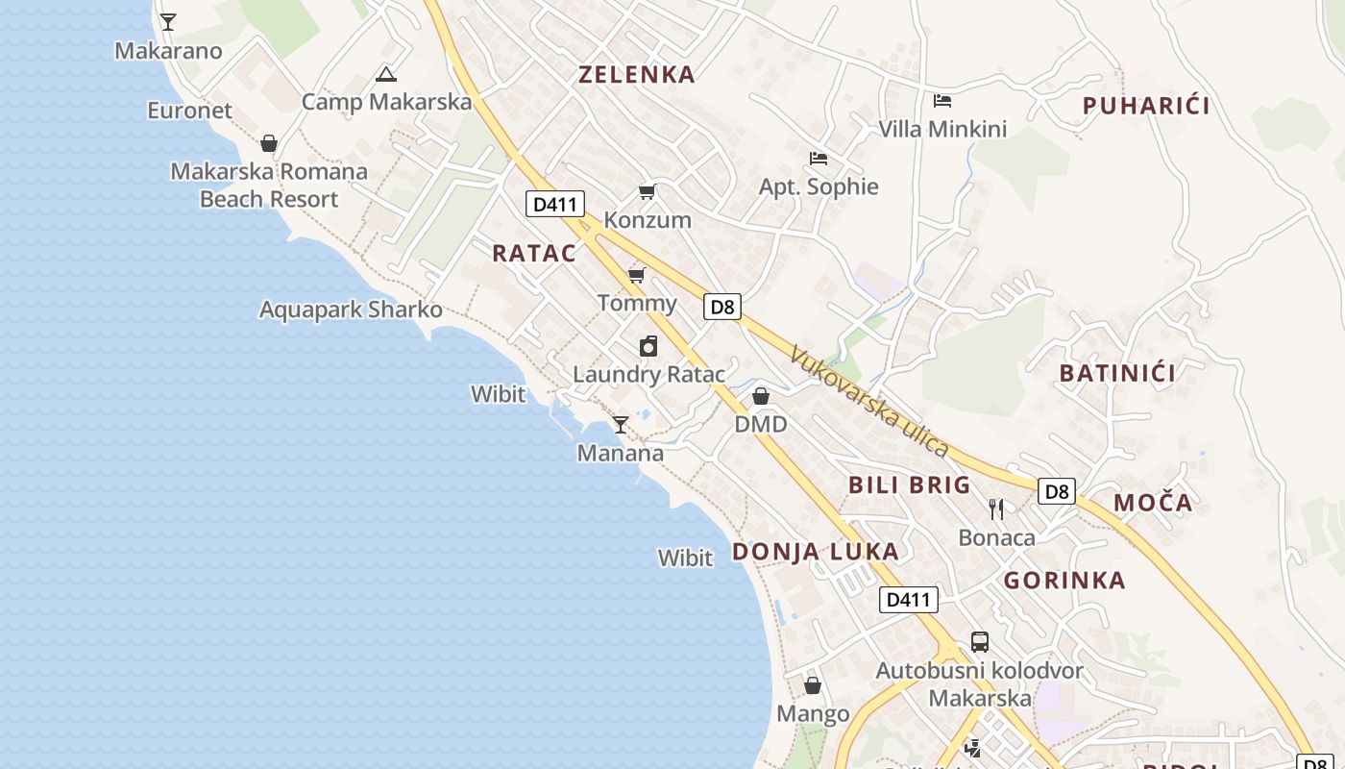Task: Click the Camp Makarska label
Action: point(386,102)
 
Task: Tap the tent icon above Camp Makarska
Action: point(386,74)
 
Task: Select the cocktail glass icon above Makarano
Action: point(168,21)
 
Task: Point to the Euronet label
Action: point(189,111)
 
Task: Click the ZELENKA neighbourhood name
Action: point(636,75)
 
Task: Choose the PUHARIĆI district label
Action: point(1146,106)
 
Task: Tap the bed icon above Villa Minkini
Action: point(942,100)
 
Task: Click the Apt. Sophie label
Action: point(819,186)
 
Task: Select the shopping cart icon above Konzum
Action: point(647,192)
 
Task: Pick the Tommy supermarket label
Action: point(637,304)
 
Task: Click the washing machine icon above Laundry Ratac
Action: point(648,346)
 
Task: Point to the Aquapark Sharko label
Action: point(351,310)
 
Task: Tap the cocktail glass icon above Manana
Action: point(621,424)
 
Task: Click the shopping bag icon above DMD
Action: point(761,396)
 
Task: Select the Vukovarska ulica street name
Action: point(869,401)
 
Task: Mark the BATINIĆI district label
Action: point(1117,373)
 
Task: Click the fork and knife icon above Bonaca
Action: point(996,509)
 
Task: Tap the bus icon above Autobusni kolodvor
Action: point(980,641)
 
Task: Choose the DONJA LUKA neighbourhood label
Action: point(816,552)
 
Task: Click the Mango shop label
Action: point(813,713)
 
